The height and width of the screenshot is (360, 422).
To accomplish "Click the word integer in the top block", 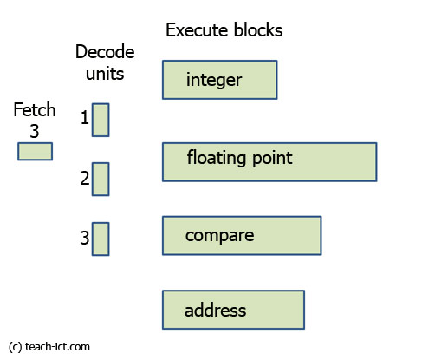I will click(213, 81).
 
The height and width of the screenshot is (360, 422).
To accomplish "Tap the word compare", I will click(219, 235).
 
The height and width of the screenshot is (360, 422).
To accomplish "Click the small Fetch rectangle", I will click(35, 152).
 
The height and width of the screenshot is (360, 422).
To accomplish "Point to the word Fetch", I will click(35, 110).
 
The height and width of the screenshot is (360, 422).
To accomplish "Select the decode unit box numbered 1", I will click(101, 120).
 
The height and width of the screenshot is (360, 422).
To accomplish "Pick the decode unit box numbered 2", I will click(101, 179).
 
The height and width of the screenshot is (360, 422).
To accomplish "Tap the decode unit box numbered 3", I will click(101, 239).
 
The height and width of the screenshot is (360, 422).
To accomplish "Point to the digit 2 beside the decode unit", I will click(85, 179).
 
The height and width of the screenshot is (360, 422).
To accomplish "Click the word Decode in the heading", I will click(100, 53).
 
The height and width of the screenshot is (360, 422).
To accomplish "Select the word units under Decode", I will click(100, 74).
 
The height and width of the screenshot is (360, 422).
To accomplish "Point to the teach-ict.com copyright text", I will click(49, 347).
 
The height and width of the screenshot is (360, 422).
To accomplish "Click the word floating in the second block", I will click(214, 158).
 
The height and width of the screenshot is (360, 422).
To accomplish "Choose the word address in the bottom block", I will click(216, 310).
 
